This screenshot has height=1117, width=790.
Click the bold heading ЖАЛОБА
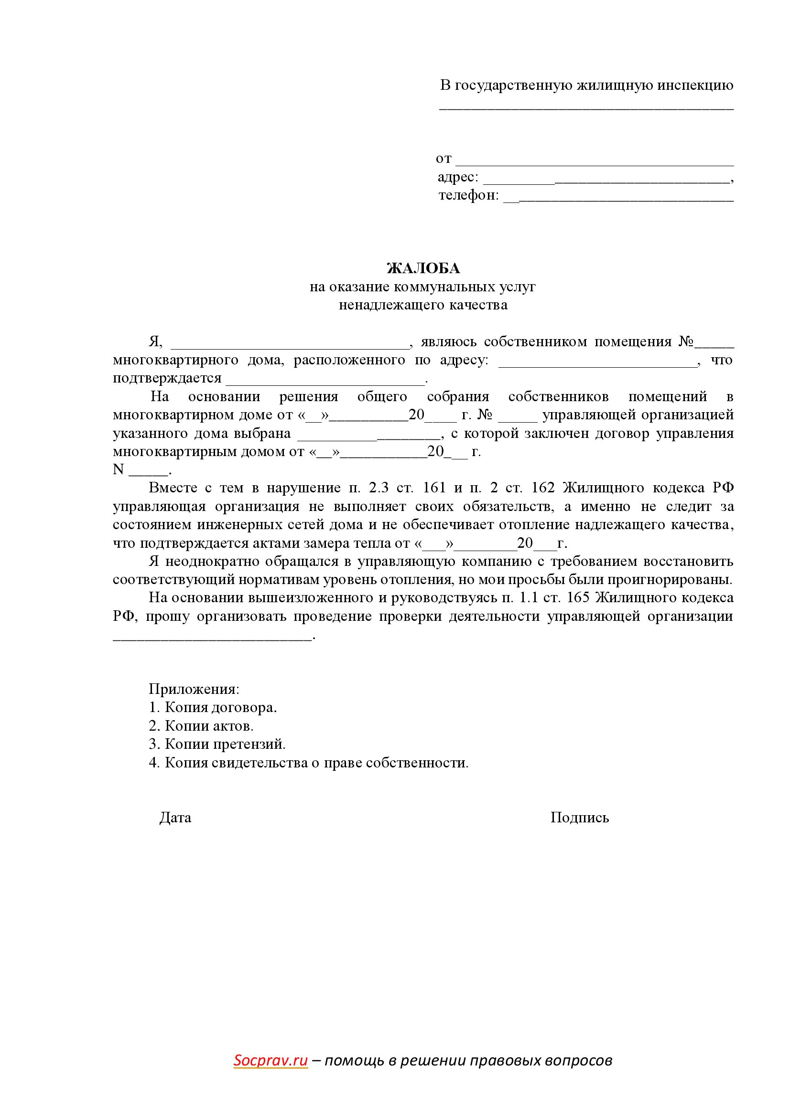click(423, 268)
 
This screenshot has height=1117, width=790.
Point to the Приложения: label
click(194, 689)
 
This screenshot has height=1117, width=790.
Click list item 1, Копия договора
click(213, 707)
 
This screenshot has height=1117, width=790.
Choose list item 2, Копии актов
click(201, 726)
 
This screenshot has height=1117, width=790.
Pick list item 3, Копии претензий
click(217, 744)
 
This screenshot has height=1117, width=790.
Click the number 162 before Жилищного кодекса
click(543, 488)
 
